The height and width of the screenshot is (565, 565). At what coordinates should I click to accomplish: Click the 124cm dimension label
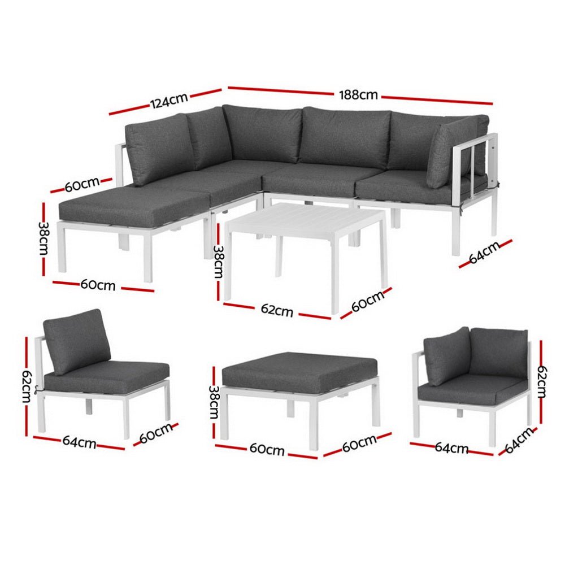(168, 102)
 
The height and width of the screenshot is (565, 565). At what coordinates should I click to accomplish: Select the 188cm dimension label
(358, 95)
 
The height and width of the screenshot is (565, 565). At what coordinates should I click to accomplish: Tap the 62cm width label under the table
(277, 311)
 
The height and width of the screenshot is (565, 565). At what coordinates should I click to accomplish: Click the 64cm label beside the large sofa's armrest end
(484, 253)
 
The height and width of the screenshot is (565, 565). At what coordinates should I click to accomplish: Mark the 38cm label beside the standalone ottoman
(214, 401)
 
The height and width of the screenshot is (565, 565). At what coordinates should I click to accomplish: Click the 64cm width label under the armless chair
(79, 443)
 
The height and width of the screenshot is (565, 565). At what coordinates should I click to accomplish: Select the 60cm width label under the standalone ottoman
(267, 450)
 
